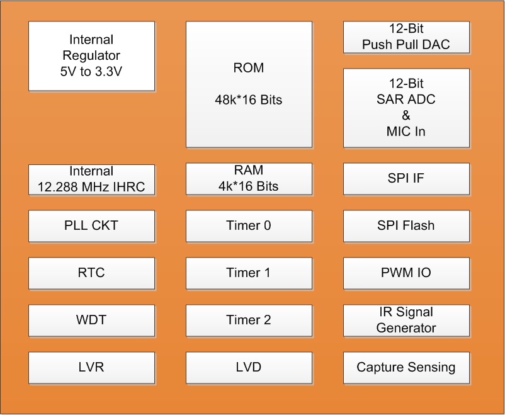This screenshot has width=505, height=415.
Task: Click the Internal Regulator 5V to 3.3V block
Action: click(x=91, y=56)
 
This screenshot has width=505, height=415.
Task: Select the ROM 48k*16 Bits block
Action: click(x=249, y=84)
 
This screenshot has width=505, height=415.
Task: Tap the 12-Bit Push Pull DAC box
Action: click(x=406, y=37)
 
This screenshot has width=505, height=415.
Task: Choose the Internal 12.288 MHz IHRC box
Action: click(x=91, y=179)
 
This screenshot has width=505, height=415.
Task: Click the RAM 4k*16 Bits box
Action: click(x=249, y=178)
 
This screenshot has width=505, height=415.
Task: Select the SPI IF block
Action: click(x=406, y=178)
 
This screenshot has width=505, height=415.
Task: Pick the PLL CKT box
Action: click(x=91, y=225)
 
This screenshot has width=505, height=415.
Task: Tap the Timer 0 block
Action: click(x=249, y=225)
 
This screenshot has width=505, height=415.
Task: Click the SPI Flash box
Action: click(x=406, y=225)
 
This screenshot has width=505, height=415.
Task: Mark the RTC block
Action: click(x=91, y=273)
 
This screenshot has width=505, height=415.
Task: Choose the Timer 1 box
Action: click(x=249, y=273)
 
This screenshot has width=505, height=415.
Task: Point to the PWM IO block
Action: click(x=406, y=273)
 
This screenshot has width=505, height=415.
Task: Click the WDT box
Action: click(x=91, y=320)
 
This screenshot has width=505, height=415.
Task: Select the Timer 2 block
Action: click(x=249, y=320)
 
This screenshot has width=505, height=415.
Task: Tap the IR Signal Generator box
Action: click(x=406, y=320)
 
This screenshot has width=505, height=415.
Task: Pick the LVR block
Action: click(x=91, y=367)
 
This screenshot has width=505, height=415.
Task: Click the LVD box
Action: click(x=249, y=367)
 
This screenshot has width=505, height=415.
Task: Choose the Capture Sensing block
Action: click(x=406, y=367)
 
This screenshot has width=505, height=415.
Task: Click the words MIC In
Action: click(x=406, y=132)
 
